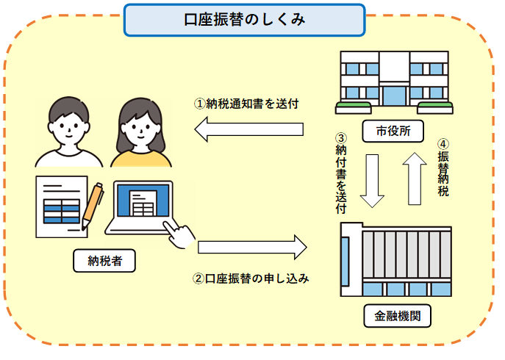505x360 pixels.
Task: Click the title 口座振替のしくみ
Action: click(x=244, y=20)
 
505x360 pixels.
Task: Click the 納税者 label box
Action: click(x=103, y=260)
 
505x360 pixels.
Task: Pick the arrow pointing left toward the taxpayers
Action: click(x=249, y=130)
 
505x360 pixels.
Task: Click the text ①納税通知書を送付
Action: click(x=246, y=104)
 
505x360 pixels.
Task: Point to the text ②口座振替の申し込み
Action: click(x=250, y=278)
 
